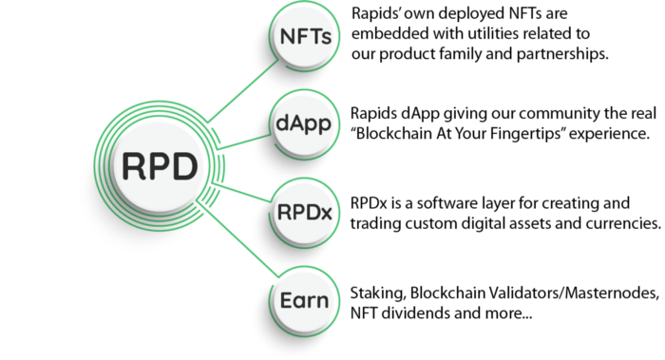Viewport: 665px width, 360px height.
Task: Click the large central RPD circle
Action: point(160,165)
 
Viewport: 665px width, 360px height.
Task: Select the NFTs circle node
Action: point(305,36)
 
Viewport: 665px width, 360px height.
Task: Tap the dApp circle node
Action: point(305,123)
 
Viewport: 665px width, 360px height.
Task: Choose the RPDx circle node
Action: point(305,213)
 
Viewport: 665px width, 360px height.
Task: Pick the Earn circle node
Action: point(305,301)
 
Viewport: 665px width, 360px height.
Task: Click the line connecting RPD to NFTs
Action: point(243,90)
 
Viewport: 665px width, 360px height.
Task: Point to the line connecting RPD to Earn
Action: point(237,240)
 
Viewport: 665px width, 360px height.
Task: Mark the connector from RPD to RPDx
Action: point(241,192)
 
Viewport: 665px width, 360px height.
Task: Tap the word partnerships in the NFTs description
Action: point(562,54)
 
